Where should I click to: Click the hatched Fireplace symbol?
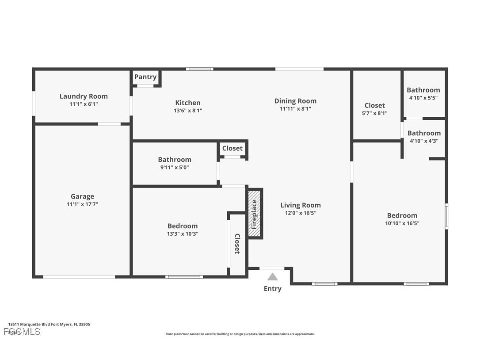[255, 214]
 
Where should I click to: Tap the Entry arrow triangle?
[273, 277]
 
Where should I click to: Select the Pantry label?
[145, 77]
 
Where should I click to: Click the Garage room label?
[82, 196]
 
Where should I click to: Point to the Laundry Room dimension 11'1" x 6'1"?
[84, 104]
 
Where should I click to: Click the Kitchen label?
[188, 103]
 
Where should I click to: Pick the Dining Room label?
[295, 101]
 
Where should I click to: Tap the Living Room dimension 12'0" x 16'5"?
[301, 213]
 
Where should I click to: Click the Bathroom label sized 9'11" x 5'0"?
[175, 160]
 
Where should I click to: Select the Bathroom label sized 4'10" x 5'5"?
[423, 90]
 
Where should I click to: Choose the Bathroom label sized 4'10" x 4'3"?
[424, 133]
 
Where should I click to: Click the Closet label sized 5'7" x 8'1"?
[374, 105]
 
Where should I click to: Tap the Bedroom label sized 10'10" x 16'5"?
[402, 215]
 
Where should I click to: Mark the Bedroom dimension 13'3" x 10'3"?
[183, 234]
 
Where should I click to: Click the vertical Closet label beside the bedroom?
[237, 244]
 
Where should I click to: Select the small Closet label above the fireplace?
[232, 148]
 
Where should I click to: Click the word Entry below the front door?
[273, 289]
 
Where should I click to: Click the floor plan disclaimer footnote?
[240, 334]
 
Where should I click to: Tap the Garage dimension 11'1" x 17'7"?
[82, 204]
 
